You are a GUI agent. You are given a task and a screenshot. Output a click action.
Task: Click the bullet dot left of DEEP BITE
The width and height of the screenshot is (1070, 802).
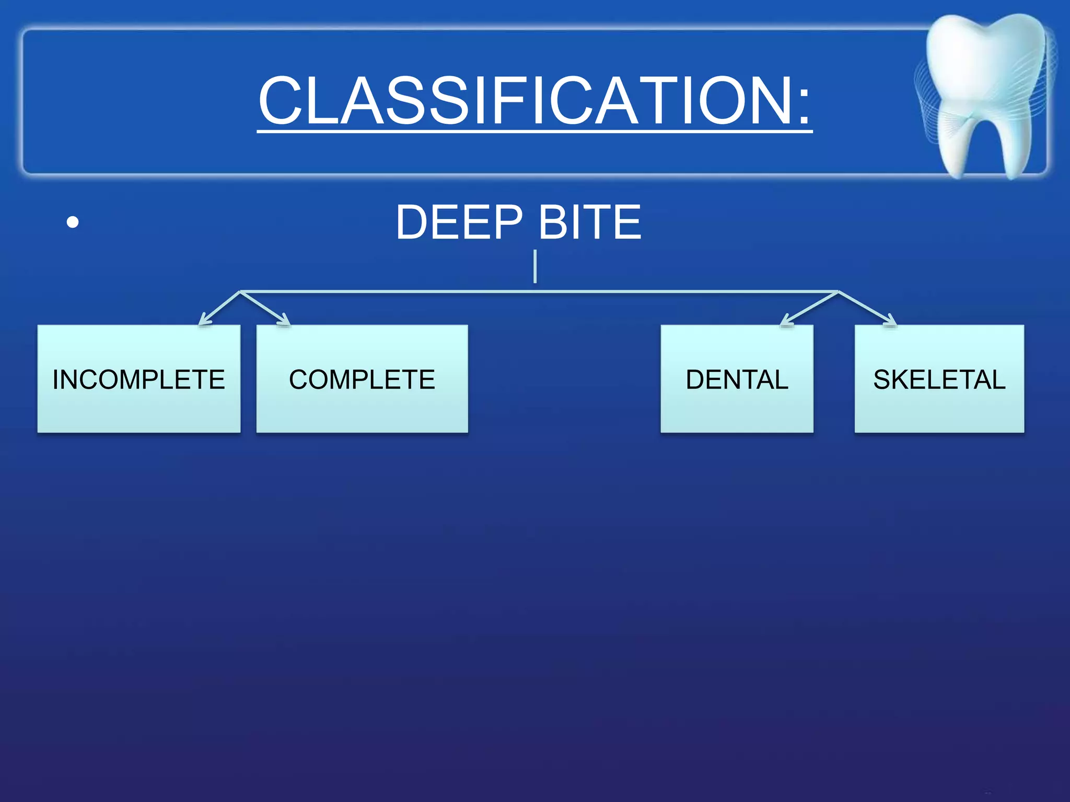tap(73, 223)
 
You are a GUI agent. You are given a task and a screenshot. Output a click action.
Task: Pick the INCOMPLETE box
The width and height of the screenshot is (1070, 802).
tap(139, 379)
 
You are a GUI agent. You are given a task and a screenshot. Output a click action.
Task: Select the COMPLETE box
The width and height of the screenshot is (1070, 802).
tap(362, 379)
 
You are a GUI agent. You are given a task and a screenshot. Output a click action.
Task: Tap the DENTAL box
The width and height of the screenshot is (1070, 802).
tap(737, 379)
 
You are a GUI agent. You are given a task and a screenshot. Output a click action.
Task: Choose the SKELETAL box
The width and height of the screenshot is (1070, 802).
tap(939, 379)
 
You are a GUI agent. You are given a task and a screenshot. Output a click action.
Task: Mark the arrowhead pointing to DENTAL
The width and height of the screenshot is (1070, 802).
tap(785, 321)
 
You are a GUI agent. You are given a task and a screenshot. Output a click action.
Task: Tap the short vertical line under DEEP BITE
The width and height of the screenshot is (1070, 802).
tap(535, 266)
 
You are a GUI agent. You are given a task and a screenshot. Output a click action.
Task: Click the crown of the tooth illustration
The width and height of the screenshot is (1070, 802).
tap(985, 63)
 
